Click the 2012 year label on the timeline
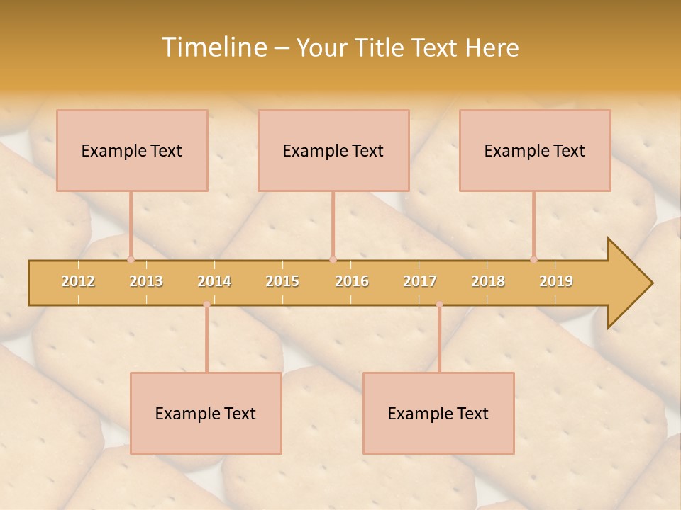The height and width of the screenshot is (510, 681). [x=78, y=281]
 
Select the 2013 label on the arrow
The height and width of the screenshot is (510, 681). [x=146, y=281]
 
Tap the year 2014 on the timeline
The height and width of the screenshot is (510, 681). [x=214, y=281]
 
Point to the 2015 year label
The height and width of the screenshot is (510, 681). [x=282, y=281]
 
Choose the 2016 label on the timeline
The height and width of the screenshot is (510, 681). [x=352, y=281]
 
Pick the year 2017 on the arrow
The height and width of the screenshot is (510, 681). [x=420, y=281]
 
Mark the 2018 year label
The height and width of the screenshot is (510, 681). [x=488, y=281]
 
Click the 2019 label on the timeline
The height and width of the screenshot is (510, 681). [x=556, y=281]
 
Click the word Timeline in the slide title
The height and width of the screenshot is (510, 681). [x=213, y=47]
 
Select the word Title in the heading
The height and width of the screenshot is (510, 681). [x=382, y=47]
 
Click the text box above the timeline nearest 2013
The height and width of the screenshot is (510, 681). [x=132, y=150]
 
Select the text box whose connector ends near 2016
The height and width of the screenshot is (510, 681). [x=333, y=150]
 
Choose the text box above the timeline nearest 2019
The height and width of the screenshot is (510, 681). [x=535, y=150]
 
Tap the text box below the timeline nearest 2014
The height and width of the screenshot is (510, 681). [x=206, y=413]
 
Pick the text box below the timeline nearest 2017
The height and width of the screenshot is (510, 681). [x=438, y=413]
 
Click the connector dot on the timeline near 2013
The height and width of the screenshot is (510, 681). [x=131, y=259]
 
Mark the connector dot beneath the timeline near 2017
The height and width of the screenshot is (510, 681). [x=439, y=305]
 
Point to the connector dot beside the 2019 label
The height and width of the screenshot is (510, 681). [x=533, y=259]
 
